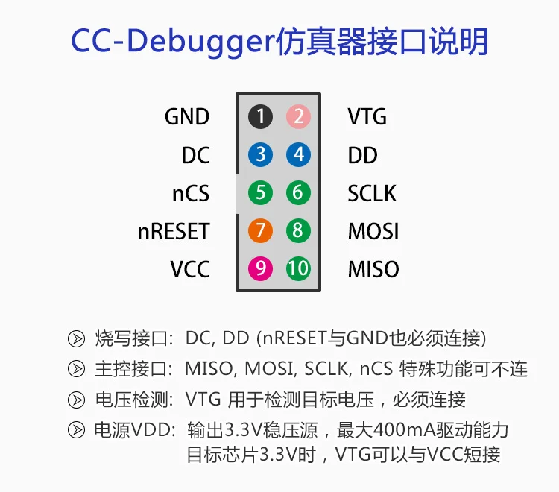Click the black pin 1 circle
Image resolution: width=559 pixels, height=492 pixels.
(260, 116)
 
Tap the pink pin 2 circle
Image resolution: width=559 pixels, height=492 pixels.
(297, 116)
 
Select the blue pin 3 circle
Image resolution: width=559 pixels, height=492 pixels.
(260, 155)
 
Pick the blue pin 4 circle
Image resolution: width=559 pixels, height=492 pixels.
(297, 155)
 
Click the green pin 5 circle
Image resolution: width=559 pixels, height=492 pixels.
(260, 193)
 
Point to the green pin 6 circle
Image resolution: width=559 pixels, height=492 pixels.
(297, 193)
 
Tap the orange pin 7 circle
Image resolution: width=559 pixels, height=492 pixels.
(260, 231)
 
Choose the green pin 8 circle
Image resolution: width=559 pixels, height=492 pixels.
(297, 231)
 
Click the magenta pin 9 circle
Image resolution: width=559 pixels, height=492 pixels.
(260, 268)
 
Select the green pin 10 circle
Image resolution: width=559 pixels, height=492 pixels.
(297, 268)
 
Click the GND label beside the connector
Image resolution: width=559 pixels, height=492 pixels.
(187, 117)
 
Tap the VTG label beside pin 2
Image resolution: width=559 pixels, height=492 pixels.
(367, 117)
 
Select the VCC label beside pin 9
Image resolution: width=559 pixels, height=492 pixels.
(190, 269)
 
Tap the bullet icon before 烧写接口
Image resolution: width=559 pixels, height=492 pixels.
(76, 338)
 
